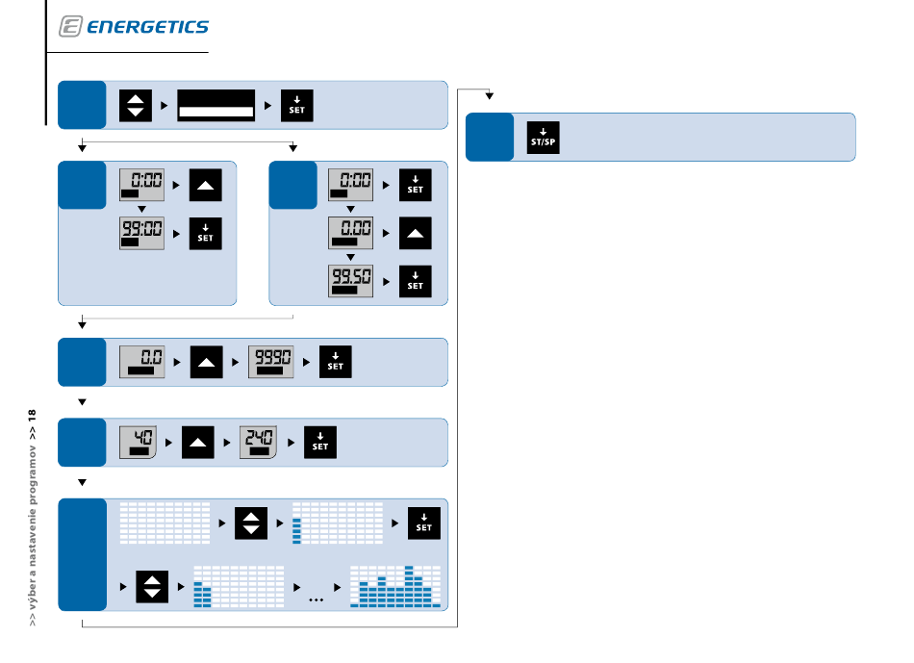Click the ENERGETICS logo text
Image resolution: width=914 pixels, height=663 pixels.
pyautogui.click(x=147, y=27)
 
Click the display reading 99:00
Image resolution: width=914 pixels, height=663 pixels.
pyautogui.click(x=141, y=233)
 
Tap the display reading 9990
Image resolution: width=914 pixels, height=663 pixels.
pyautogui.click(x=271, y=362)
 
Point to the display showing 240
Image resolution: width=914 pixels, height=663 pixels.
pyautogui.click(x=258, y=443)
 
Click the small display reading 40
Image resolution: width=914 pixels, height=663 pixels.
pyautogui.click(x=138, y=443)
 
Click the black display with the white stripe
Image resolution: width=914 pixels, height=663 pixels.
pyautogui.click(x=216, y=106)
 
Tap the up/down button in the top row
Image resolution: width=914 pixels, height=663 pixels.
pyautogui.click(x=136, y=106)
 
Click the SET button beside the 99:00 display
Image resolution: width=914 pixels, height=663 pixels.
pyautogui.click(x=206, y=233)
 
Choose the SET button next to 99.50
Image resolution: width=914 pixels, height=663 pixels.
pyautogui.click(x=415, y=282)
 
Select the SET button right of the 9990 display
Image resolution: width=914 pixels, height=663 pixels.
pyautogui.click(x=335, y=362)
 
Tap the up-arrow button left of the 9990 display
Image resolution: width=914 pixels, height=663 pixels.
pyautogui.click(x=206, y=362)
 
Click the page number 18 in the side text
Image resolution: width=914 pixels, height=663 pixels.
pyautogui.click(x=32, y=416)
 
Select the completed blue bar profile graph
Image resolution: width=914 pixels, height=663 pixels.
pyautogui.click(x=395, y=587)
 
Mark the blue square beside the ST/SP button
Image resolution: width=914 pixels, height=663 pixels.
pyautogui.click(x=490, y=137)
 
